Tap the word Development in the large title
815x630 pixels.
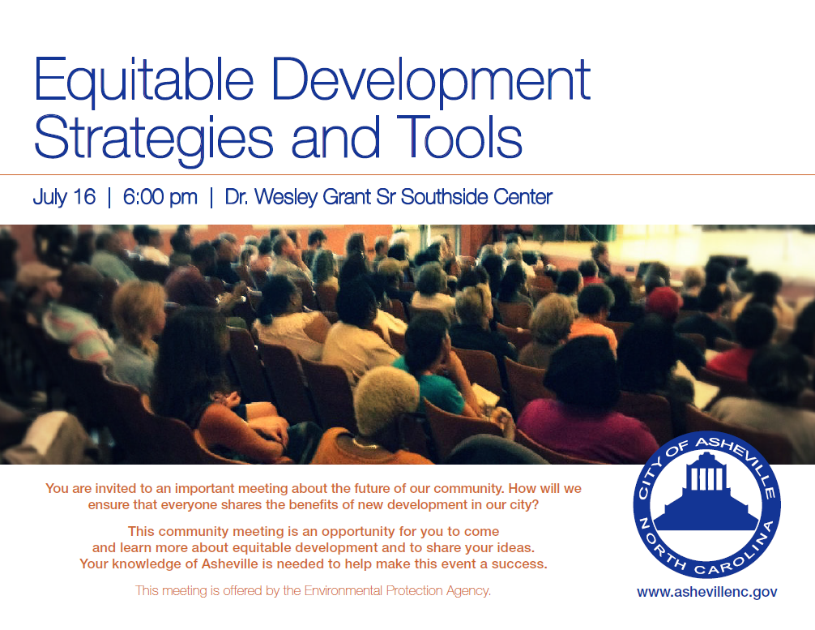coord(431,81)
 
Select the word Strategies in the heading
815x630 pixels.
coord(153,139)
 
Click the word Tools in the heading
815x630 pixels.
coord(459,136)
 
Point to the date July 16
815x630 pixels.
coord(65,197)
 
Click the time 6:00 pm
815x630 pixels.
coord(160,197)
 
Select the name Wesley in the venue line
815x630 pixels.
coord(286,197)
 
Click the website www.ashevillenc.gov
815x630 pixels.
coord(707,592)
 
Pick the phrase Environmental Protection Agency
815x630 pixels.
coord(397,591)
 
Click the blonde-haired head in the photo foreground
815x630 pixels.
coord(386,398)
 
